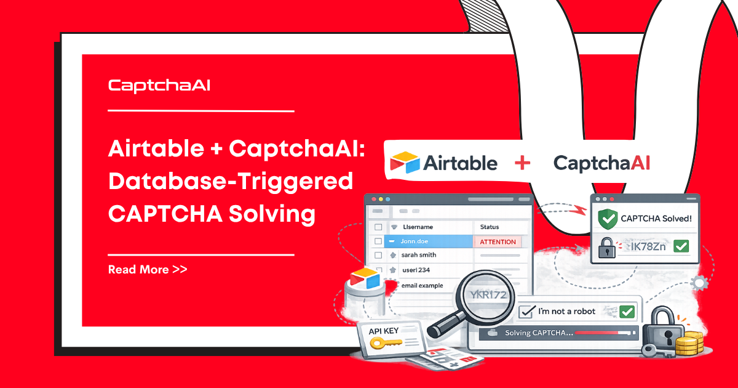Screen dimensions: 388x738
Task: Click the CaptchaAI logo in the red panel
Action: (x=159, y=86)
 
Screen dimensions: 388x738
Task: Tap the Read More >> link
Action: (x=148, y=269)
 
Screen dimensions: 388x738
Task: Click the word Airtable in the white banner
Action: (x=460, y=163)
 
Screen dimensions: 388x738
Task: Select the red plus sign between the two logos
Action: (x=522, y=163)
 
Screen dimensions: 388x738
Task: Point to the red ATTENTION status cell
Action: (x=498, y=241)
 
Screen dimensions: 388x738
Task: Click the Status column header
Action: (x=490, y=227)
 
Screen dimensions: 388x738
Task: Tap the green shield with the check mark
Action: (x=607, y=219)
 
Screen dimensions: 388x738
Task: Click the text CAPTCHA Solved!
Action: (x=656, y=218)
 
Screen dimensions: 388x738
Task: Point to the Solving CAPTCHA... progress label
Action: (x=539, y=333)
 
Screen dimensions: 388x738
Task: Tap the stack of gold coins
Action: (x=689, y=343)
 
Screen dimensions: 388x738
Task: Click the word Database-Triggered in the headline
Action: (x=231, y=182)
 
